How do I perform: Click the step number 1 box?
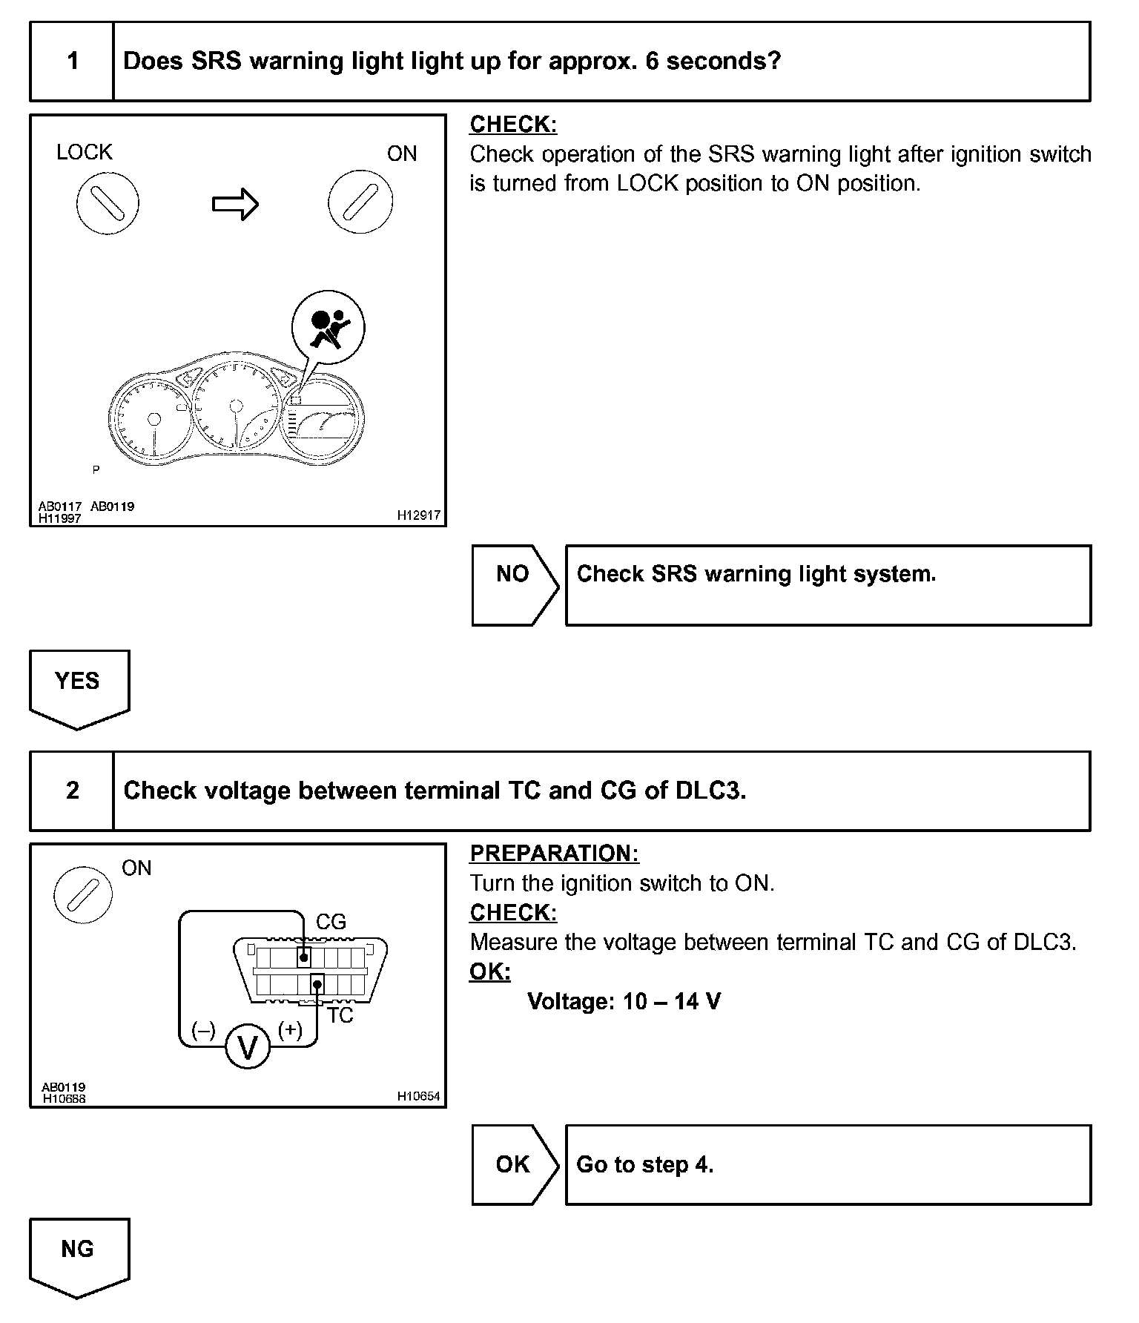click(72, 61)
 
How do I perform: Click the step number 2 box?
click(72, 791)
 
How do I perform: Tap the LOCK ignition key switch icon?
click(108, 203)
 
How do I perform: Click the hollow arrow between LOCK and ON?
click(235, 204)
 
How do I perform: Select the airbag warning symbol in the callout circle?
click(328, 328)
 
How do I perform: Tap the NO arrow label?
click(512, 574)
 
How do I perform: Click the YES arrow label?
click(77, 681)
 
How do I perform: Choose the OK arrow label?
click(512, 1164)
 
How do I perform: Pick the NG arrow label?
click(77, 1249)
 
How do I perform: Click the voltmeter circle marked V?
click(248, 1048)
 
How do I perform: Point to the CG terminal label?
click(331, 922)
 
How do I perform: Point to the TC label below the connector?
click(340, 1015)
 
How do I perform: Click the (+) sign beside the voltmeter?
click(290, 1029)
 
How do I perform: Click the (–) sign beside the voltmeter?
click(203, 1030)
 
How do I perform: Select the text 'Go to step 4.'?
click(644, 1164)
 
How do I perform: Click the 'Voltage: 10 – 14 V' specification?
click(624, 1002)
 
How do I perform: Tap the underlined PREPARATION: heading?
click(554, 854)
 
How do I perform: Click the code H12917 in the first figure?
click(418, 515)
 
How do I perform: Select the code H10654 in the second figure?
click(418, 1095)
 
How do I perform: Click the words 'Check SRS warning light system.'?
click(756, 574)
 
